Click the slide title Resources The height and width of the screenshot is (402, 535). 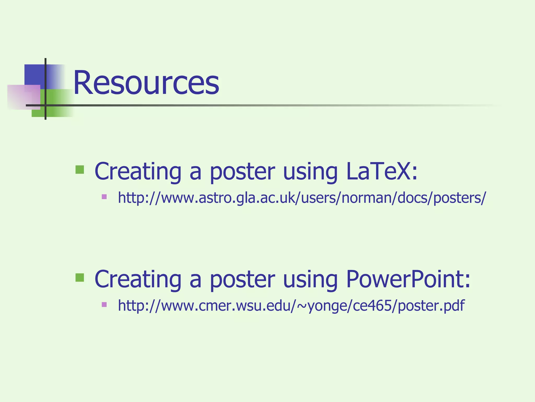click(x=146, y=83)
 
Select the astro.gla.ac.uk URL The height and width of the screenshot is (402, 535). click(x=302, y=198)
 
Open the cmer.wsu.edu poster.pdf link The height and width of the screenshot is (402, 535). click(x=291, y=305)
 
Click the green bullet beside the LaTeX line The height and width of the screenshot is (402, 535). click(x=80, y=170)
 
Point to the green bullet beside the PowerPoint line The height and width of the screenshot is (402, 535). click(x=80, y=277)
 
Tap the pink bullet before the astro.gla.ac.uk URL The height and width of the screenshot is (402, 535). click(x=104, y=197)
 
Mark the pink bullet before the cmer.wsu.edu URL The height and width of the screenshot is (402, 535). click(x=104, y=304)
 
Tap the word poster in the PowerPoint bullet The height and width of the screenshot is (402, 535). click(x=242, y=279)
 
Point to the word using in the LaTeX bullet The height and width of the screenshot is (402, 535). click(x=310, y=171)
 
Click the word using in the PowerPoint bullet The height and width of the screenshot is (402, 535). click(x=310, y=279)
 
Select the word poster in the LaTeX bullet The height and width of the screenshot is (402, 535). click(x=242, y=171)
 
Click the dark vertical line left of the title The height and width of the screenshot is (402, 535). click(x=45, y=79)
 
